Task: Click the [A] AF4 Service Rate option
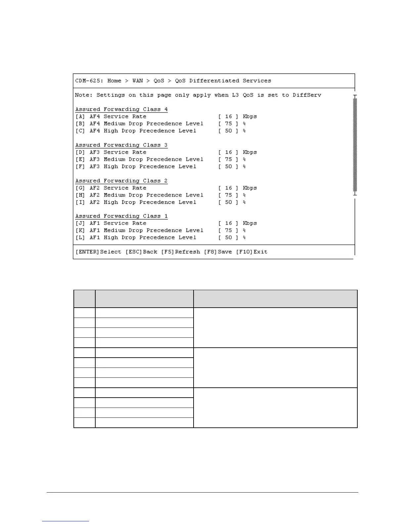(111, 116)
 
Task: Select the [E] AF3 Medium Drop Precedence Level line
(139, 159)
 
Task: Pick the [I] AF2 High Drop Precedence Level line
(136, 202)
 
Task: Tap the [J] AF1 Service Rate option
(111, 223)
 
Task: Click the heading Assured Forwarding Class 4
(121, 109)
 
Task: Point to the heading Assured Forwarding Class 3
(121, 145)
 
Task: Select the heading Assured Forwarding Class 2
(121, 181)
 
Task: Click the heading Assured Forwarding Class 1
(121, 216)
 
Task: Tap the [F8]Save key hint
(218, 252)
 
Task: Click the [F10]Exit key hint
(251, 252)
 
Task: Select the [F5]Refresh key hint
(180, 252)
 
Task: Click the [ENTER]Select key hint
(98, 252)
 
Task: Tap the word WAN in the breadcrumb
(138, 81)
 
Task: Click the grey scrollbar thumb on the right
(355, 145)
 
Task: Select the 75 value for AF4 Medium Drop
(228, 124)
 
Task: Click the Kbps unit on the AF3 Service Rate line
(250, 152)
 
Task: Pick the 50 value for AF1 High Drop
(228, 238)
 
